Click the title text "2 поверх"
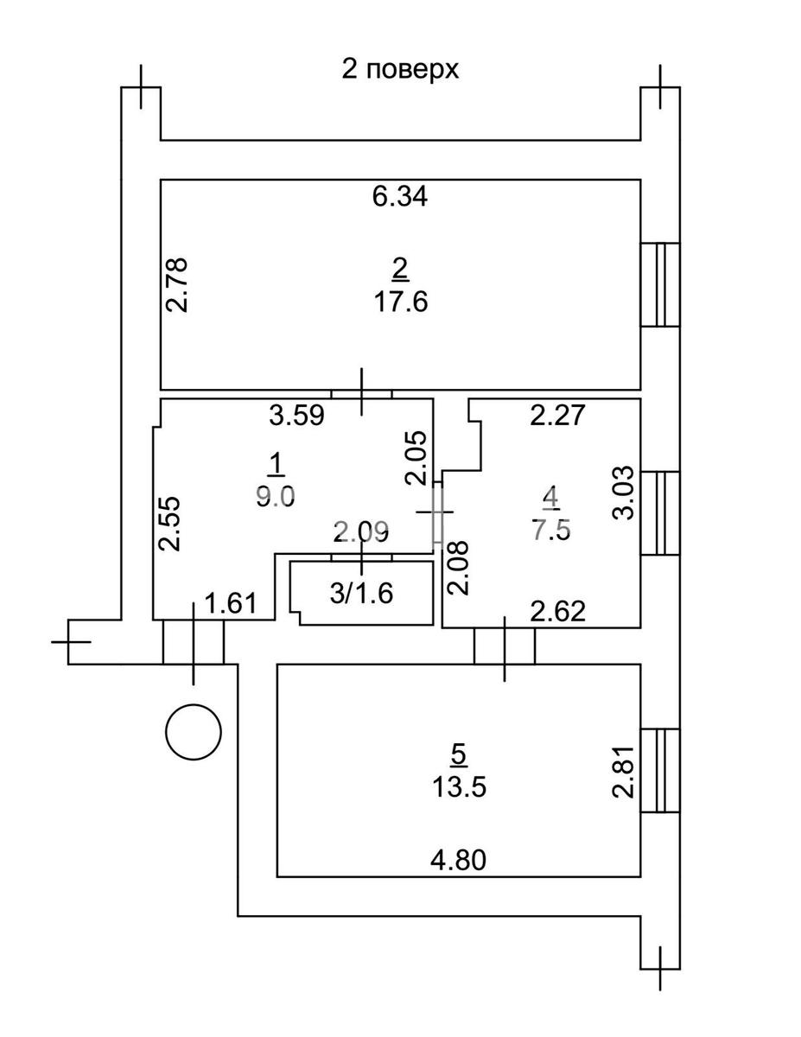click(x=400, y=69)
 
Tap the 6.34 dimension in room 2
click(x=400, y=197)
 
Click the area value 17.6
click(x=400, y=303)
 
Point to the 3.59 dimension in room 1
click(x=296, y=417)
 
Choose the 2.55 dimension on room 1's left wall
click(x=170, y=523)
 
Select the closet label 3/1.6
click(x=362, y=594)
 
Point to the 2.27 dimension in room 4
click(x=558, y=417)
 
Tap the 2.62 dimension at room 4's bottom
click(x=558, y=612)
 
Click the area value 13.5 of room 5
click(x=459, y=787)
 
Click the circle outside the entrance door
click(x=194, y=732)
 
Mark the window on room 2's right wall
click(x=661, y=284)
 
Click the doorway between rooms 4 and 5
click(x=505, y=646)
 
